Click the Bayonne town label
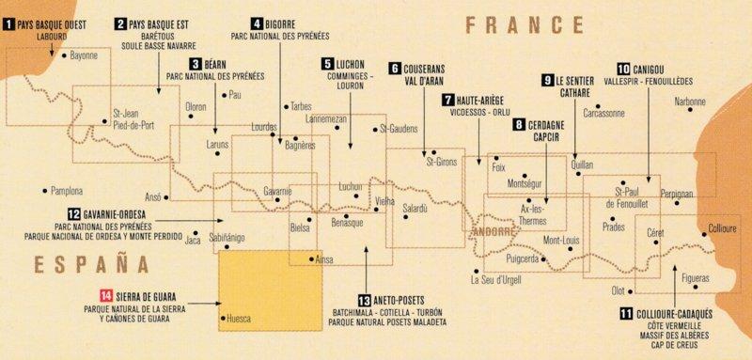point(84,56)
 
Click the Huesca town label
point(243,319)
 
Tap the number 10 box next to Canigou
point(625,70)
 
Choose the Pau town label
point(235,95)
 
